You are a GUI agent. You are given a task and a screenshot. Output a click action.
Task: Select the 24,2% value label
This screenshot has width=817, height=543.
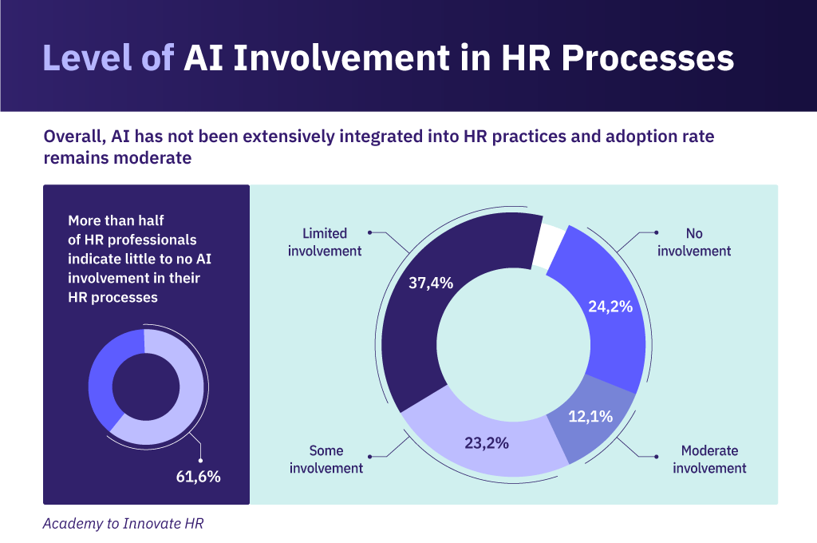[610, 305]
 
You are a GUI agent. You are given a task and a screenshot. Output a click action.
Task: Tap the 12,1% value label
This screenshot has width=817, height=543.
[590, 415]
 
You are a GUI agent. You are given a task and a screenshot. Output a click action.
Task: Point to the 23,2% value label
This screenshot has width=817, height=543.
[486, 442]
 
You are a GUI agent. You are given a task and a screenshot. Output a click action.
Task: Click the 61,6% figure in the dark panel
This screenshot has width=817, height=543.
[198, 477]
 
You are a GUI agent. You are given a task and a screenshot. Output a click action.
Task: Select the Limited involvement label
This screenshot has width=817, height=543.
[325, 242]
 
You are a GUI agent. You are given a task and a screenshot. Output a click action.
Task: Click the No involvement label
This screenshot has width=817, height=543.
[694, 242]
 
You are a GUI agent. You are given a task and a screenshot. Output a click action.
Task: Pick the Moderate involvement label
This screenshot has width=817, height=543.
[709, 459]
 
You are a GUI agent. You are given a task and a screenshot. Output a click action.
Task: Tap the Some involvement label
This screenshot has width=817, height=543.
[326, 459]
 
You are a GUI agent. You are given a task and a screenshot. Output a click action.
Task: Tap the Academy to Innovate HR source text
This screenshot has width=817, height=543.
[128, 524]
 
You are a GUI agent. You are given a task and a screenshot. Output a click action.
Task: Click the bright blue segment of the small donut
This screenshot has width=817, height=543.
[105, 375]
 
